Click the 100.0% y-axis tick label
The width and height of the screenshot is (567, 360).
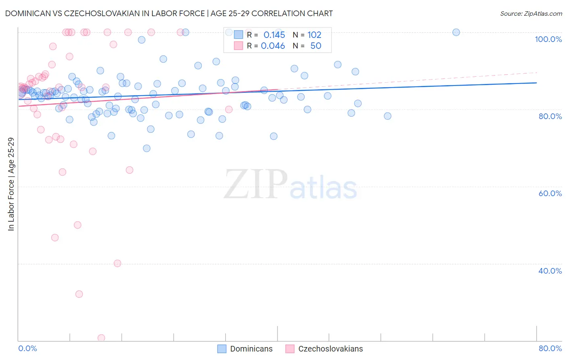click(548, 39)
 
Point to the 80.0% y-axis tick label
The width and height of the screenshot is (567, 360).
click(550, 116)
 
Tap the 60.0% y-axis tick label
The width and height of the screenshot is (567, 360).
click(550, 193)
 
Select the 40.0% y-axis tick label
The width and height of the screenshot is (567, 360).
click(550, 271)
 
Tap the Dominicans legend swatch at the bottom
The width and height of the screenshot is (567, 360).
click(222, 349)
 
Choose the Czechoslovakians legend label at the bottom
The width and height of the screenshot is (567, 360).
click(330, 349)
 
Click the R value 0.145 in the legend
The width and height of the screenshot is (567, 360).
click(274, 35)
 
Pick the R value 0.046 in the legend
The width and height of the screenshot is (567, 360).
click(273, 46)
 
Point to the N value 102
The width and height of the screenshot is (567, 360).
click(314, 35)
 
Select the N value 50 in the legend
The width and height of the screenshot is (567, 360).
click(316, 46)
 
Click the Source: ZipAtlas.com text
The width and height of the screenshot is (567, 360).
click(531, 14)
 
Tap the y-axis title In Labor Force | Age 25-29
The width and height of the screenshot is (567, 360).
click(11, 184)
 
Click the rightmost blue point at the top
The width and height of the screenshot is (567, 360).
click(456, 32)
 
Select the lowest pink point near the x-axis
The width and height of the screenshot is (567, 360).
click(101, 338)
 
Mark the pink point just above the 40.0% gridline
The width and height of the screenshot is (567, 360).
click(117, 264)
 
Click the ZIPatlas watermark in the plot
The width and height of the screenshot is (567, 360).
click(290, 185)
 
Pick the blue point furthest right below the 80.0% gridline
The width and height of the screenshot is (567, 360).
click(388, 116)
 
